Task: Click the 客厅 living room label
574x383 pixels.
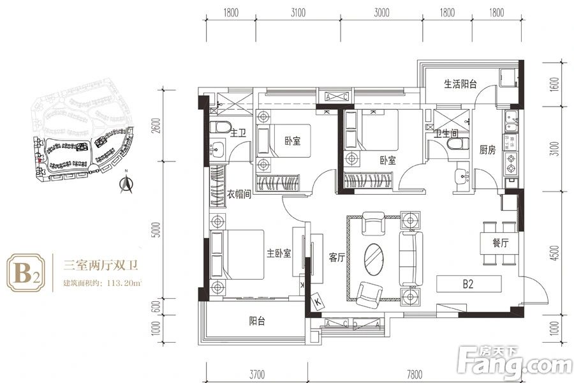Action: point(336,258)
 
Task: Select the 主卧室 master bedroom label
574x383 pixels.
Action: point(279,253)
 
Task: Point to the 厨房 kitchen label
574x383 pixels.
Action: point(487,151)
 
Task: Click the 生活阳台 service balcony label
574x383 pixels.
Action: point(461,84)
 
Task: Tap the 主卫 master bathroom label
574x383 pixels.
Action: point(238,133)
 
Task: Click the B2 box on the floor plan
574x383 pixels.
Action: point(469,283)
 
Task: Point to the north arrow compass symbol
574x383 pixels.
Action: point(128,184)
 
